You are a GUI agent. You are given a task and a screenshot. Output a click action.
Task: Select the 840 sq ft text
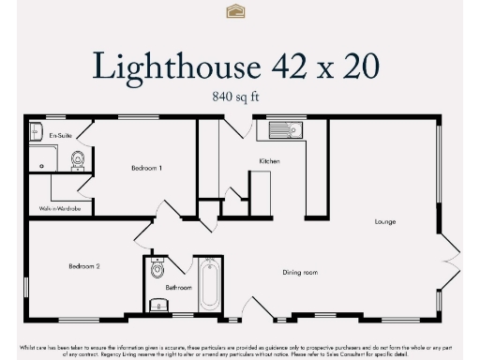pos(239,96)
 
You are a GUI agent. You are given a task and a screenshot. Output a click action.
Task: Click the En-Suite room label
pos(60,135)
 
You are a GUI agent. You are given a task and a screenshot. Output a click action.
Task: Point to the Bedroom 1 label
pos(147,168)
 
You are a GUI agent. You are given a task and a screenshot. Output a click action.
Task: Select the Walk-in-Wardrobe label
pos(59,208)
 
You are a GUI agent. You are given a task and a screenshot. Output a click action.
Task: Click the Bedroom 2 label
pos(83,266)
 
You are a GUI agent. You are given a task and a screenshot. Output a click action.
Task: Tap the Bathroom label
pos(178,288)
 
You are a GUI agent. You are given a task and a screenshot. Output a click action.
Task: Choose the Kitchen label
pos(269,161)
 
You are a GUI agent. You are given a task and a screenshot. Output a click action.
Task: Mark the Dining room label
pos(301,273)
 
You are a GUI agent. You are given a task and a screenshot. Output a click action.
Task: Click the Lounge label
pos(384,222)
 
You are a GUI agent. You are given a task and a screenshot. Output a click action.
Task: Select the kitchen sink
pos(282,130)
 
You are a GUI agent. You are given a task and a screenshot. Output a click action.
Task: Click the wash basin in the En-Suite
pos(36,130)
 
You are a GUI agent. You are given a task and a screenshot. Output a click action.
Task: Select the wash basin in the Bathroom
pos(157,304)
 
